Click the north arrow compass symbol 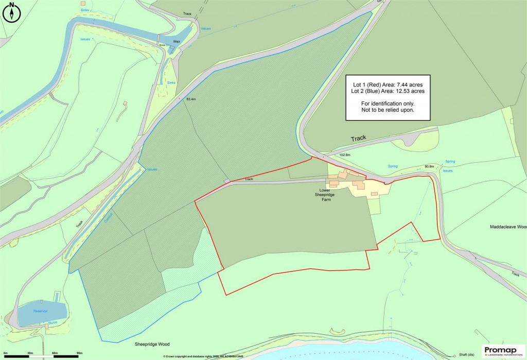coord(11,12)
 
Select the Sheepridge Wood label coord(152,344)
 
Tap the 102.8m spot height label coord(345,155)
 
